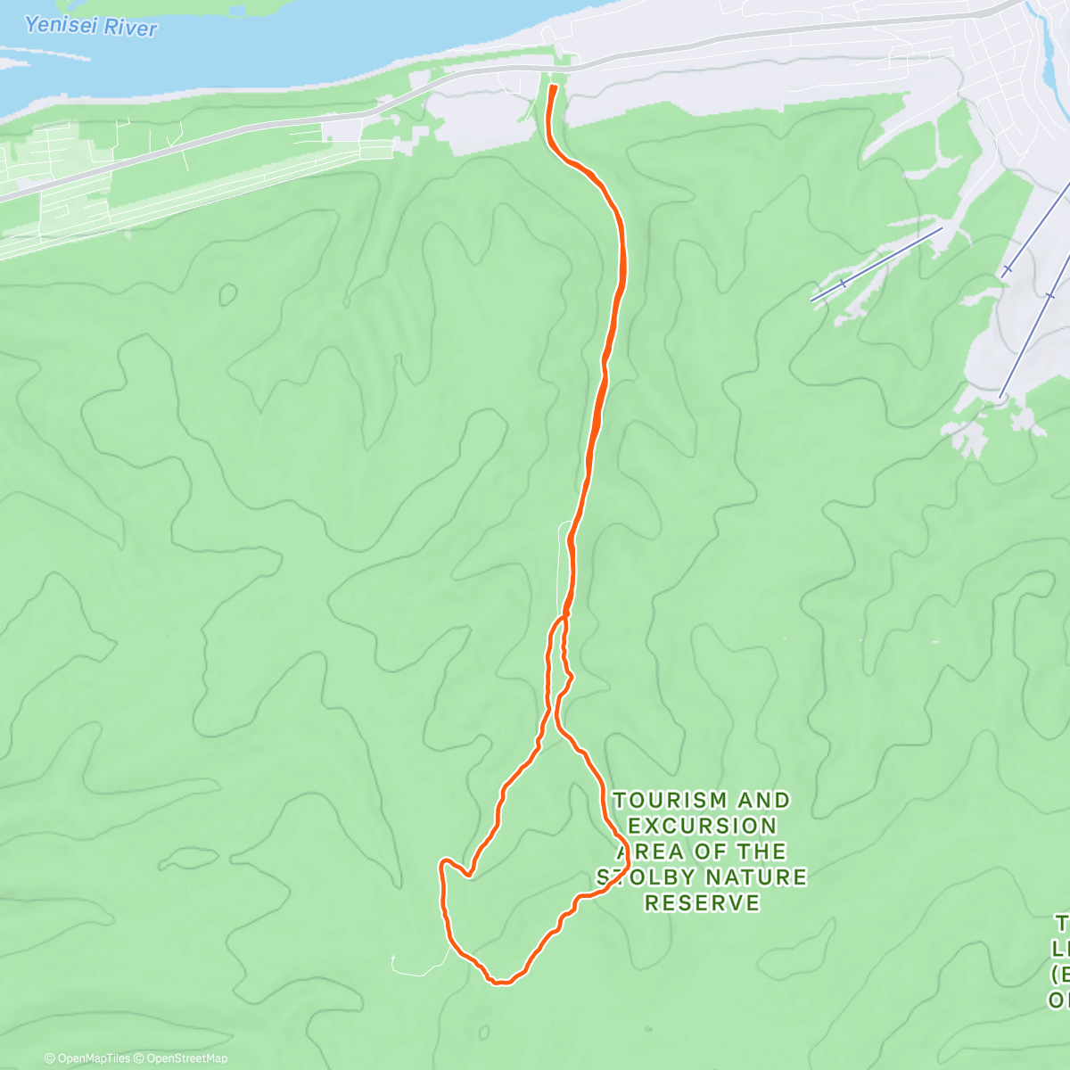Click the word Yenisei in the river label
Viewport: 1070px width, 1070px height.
[x=56, y=25]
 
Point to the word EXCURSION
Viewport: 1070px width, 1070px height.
[x=703, y=826]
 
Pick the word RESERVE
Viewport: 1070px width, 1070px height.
[x=703, y=903]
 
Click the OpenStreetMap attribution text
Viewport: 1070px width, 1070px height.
[x=186, y=1058]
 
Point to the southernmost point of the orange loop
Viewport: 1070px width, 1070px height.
[x=502, y=983]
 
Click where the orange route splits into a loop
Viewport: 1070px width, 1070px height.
[x=564, y=615]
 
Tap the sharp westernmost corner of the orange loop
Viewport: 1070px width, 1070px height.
[x=441, y=864]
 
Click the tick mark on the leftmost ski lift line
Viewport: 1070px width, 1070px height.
[x=843, y=284]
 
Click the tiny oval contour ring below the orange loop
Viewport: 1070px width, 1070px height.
[x=483, y=1033]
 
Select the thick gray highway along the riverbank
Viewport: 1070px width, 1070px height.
[x=267, y=134]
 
